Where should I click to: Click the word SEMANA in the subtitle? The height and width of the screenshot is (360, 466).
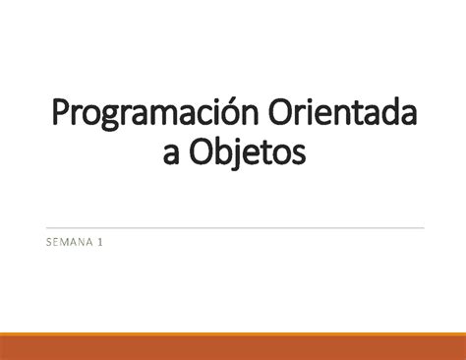click(x=66, y=240)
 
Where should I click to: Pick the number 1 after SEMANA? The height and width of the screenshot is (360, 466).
click(x=100, y=240)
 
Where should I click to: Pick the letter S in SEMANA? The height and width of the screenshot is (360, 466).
click(x=45, y=240)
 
